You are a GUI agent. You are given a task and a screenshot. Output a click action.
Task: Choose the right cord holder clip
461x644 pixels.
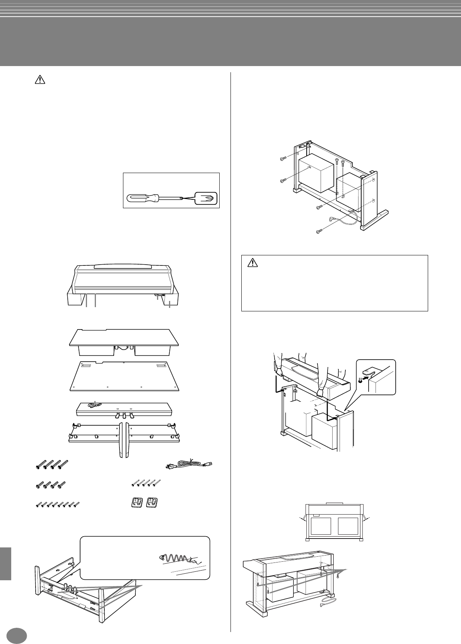[x=152, y=503]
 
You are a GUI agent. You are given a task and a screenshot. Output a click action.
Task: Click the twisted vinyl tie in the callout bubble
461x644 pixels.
[x=176, y=559]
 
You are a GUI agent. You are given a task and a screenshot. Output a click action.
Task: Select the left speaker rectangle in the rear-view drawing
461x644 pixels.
[x=320, y=526]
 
